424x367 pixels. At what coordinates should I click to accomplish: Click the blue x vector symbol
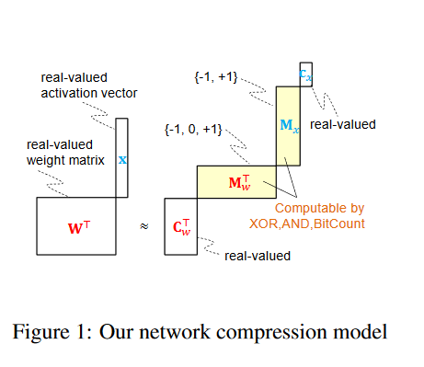(x=122, y=158)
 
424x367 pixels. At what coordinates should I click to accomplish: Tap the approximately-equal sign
(x=143, y=226)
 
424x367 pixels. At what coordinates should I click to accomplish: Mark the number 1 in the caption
(x=74, y=330)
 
